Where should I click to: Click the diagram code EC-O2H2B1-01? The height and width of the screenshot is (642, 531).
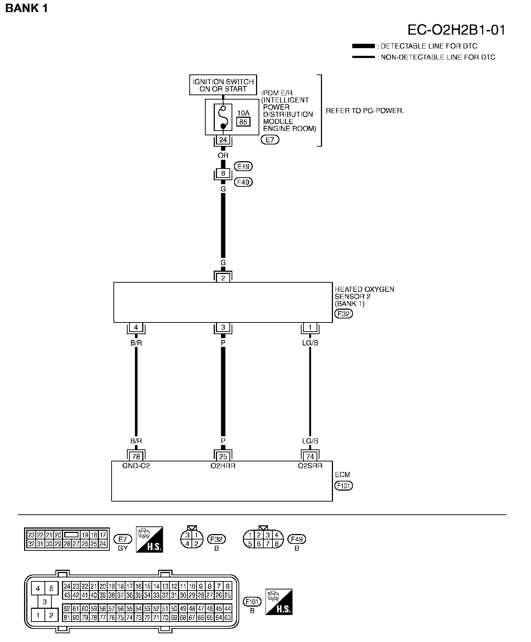(456, 30)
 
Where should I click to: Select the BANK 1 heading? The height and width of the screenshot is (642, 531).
(27, 8)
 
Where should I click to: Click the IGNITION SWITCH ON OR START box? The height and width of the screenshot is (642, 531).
(223, 85)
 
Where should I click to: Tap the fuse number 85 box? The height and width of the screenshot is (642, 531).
(243, 122)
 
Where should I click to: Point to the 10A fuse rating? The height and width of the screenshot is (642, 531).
(243, 113)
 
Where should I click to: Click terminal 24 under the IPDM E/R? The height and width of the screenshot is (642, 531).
(223, 140)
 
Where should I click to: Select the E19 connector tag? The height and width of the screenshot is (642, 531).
(244, 166)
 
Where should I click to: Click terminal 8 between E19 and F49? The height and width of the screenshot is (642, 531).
(223, 173)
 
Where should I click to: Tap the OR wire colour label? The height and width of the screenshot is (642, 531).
(223, 155)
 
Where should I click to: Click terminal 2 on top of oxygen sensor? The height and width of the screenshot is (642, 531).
(223, 278)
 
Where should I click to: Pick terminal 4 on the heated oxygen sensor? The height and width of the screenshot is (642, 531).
(136, 328)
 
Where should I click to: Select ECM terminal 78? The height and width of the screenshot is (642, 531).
(136, 456)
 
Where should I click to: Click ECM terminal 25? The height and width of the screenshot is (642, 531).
(223, 456)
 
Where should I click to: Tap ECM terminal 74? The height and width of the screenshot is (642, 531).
(310, 456)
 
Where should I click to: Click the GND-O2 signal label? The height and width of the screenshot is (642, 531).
(136, 466)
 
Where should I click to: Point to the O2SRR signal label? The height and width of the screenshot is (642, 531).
(310, 466)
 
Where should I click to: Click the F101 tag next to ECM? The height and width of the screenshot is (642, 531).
(344, 486)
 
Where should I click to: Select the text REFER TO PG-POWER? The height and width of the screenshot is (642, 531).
(365, 111)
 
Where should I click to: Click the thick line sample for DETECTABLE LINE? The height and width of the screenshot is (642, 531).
(363, 46)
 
